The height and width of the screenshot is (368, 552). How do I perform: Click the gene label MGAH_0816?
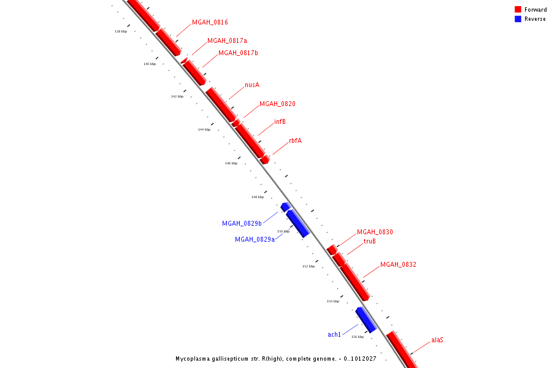tap(210, 22)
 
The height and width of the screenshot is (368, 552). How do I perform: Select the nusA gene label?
tap(251, 85)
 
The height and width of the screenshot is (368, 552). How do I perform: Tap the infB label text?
tap(280, 121)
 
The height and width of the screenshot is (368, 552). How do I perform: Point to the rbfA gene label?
tap(295, 140)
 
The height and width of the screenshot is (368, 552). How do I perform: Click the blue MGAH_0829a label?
tap(255, 239)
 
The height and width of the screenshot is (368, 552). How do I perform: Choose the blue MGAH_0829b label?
tap(242, 223)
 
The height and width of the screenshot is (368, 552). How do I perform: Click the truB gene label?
tap(369, 241)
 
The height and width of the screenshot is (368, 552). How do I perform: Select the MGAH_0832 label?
tap(398, 264)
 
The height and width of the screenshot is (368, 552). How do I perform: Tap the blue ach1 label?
tap(334, 334)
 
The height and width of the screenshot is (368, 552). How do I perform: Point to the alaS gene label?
tap(437, 339)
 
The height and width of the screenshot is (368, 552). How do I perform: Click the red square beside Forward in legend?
tap(518, 9)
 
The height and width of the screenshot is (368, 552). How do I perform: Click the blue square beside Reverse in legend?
tap(518, 19)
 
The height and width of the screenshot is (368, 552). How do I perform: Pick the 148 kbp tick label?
tap(258, 197)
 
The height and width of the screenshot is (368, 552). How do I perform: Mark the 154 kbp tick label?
tap(333, 301)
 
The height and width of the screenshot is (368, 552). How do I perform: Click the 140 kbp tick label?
tap(150, 64)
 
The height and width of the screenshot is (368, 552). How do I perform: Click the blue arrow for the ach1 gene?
tap(366, 320)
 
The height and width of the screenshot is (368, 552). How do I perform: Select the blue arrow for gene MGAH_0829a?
tap(297, 223)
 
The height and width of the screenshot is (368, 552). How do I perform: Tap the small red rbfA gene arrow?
tap(264, 159)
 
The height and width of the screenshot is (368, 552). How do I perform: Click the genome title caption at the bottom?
tap(276, 358)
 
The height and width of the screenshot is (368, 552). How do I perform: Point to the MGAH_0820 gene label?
tap(277, 104)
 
